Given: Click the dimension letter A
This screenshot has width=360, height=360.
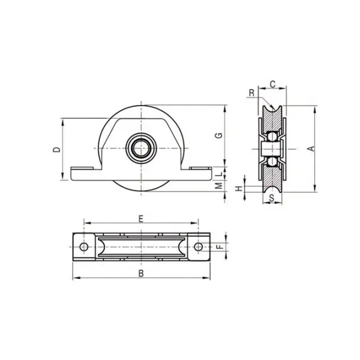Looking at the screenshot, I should pyautogui.click(x=311, y=149).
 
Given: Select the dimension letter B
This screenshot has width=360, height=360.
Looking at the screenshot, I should pyautogui.click(x=140, y=274).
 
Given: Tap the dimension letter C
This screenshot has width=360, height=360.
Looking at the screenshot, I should pyautogui.click(x=272, y=85).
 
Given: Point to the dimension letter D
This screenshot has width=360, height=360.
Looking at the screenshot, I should pyautogui.click(x=56, y=149).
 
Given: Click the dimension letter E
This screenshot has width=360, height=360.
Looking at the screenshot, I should pyautogui.click(x=140, y=219).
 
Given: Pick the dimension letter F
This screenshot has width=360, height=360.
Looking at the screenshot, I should pyautogui.click(x=220, y=247).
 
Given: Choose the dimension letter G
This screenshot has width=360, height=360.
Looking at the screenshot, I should pyautogui.click(x=220, y=135).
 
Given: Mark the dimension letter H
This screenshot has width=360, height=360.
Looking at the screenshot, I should pyautogui.click(x=239, y=189).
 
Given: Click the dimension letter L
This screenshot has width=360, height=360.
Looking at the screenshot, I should pyautogui.click(x=220, y=172).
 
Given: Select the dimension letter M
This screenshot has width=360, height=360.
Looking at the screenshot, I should pyautogui.click(x=220, y=187).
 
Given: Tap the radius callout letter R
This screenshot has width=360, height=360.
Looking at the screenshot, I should pyautogui.click(x=251, y=93).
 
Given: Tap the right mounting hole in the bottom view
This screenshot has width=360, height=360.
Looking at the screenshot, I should pyautogui.click(x=199, y=247).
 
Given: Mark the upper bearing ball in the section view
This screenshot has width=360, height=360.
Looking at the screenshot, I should pyautogui.click(x=272, y=137).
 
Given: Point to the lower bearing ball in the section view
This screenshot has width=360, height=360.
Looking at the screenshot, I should pyautogui.click(x=272, y=160).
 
